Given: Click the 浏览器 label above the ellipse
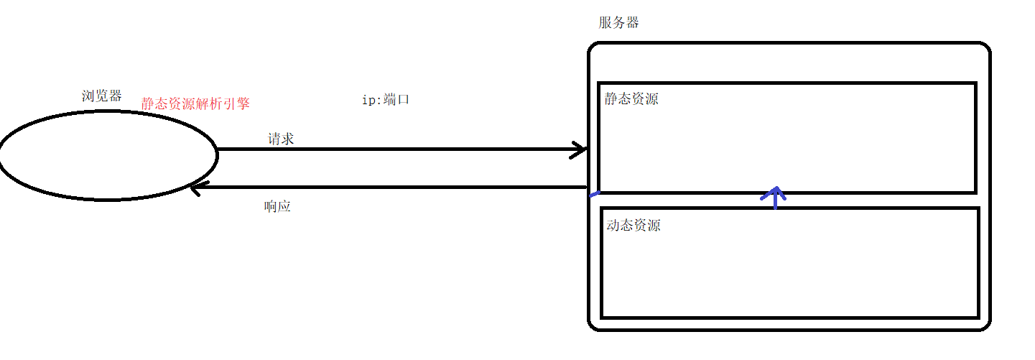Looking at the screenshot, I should tap(102, 96).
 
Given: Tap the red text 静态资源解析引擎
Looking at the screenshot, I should tap(195, 103).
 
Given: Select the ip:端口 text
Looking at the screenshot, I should tap(386, 100).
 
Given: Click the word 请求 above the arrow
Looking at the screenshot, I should tap(281, 139).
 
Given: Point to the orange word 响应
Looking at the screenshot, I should tap(277, 207).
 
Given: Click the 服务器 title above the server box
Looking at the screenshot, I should tap(618, 22).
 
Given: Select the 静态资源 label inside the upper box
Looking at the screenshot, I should tap(631, 99).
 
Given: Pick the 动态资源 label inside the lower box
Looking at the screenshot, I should tap(633, 226).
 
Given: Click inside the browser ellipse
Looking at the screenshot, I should tap(108, 155).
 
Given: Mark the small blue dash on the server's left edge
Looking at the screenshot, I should tap(594, 193).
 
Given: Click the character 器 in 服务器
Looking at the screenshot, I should tap(632, 22).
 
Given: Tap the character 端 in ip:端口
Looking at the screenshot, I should tap(391, 100).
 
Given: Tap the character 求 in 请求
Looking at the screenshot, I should tap(287, 139).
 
